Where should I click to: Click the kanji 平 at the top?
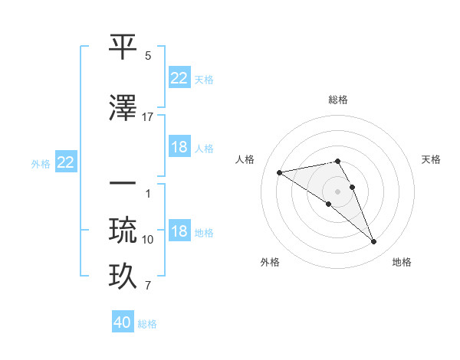click(x=123, y=47)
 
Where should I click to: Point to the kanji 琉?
click(x=123, y=230)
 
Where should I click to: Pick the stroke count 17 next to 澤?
click(x=148, y=116)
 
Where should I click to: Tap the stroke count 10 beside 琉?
click(x=148, y=240)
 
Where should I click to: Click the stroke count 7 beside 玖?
click(x=148, y=286)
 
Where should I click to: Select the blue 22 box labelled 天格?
click(x=179, y=78)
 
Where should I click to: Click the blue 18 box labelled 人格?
click(x=179, y=147)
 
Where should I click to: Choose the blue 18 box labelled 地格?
click(x=179, y=231)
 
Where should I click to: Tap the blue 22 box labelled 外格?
click(x=66, y=162)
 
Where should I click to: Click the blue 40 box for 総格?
click(x=123, y=322)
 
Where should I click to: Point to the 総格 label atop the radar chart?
click(x=338, y=100)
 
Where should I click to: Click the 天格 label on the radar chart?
click(x=431, y=159)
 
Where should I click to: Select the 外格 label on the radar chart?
click(x=270, y=262)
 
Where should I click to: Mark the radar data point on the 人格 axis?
click(x=279, y=172)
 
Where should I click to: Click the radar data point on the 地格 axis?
click(x=374, y=242)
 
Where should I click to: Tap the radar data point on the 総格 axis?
click(x=338, y=161)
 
